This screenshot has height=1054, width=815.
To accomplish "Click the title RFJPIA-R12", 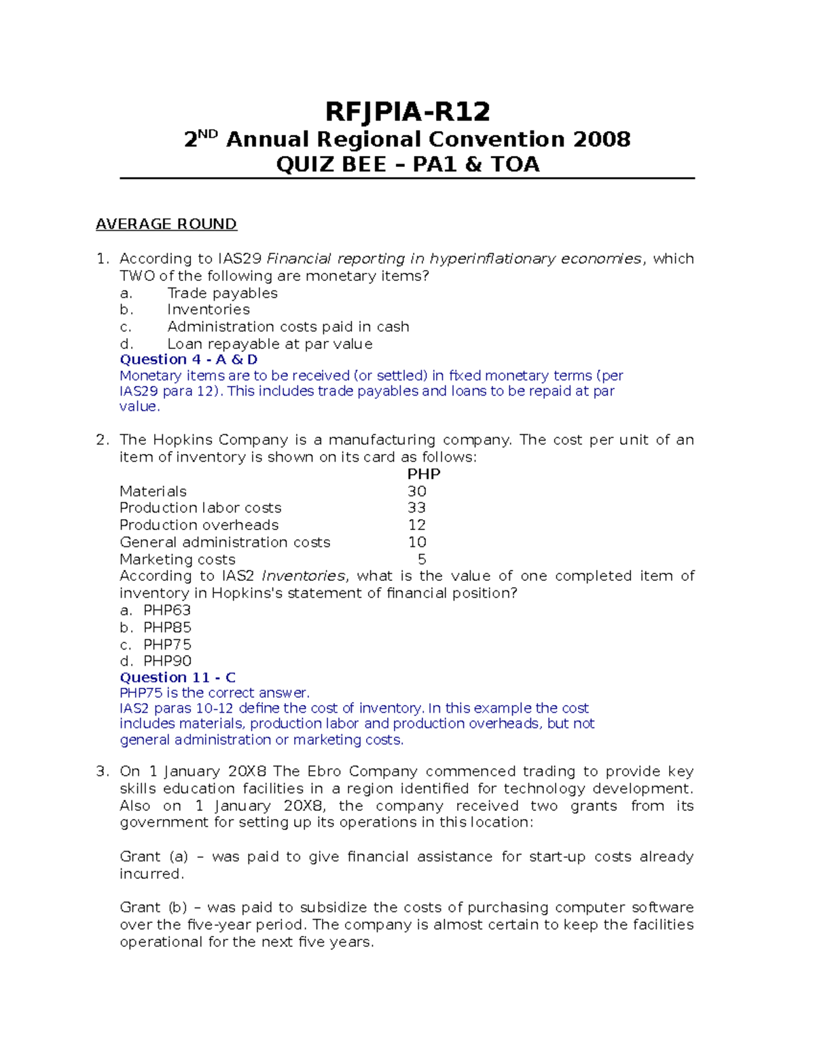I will [407, 111].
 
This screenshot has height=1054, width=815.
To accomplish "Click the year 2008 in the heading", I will [602, 140].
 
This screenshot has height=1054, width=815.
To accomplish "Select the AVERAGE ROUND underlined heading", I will [166, 224].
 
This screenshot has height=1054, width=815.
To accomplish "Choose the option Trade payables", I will [223, 293].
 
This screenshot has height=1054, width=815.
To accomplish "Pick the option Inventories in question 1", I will [209, 309].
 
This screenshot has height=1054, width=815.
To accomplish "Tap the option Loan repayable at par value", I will [270, 344].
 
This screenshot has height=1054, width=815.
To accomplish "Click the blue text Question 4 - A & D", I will [189, 360].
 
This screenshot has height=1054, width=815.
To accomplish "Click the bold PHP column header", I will [424, 474].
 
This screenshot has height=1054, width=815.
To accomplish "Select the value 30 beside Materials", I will [417, 491].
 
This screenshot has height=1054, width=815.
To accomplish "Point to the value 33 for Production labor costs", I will [417, 508].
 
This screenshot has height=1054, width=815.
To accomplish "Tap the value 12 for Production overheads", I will [417, 525].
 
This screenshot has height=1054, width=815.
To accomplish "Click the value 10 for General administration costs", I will [417, 542].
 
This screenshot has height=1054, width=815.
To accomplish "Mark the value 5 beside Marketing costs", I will [422, 559].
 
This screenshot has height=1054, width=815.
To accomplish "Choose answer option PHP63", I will [167, 610].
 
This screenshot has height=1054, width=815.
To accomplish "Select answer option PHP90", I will [167, 661].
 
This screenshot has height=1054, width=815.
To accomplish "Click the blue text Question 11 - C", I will [178, 677].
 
